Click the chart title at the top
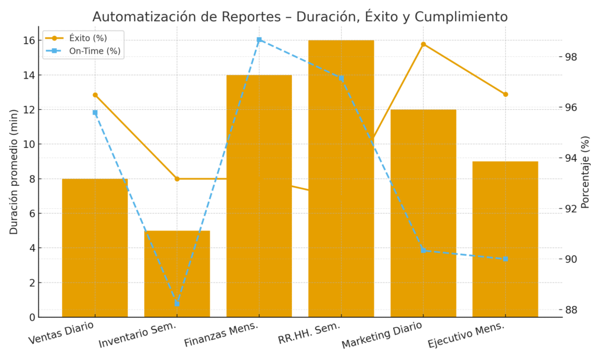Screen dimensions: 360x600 299,16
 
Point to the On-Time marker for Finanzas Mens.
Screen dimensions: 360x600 259,40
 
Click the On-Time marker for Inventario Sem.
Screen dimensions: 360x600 177,303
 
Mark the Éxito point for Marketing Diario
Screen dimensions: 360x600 423,44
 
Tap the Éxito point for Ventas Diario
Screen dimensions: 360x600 95,95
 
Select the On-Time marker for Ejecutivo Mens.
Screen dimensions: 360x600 505,259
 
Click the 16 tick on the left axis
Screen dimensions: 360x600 28,40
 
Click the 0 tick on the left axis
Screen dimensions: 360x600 31,317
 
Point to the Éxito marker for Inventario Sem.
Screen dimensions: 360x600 177,179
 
